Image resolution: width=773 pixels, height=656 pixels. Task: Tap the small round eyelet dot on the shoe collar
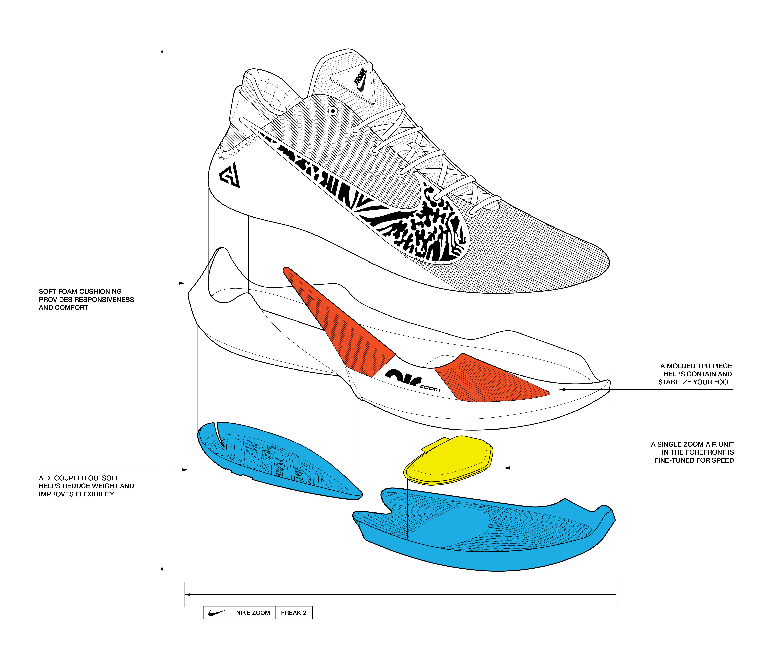pyautogui.click(x=333, y=111)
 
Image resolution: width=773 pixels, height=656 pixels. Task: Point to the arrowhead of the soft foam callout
pyautogui.click(x=182, y=283)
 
